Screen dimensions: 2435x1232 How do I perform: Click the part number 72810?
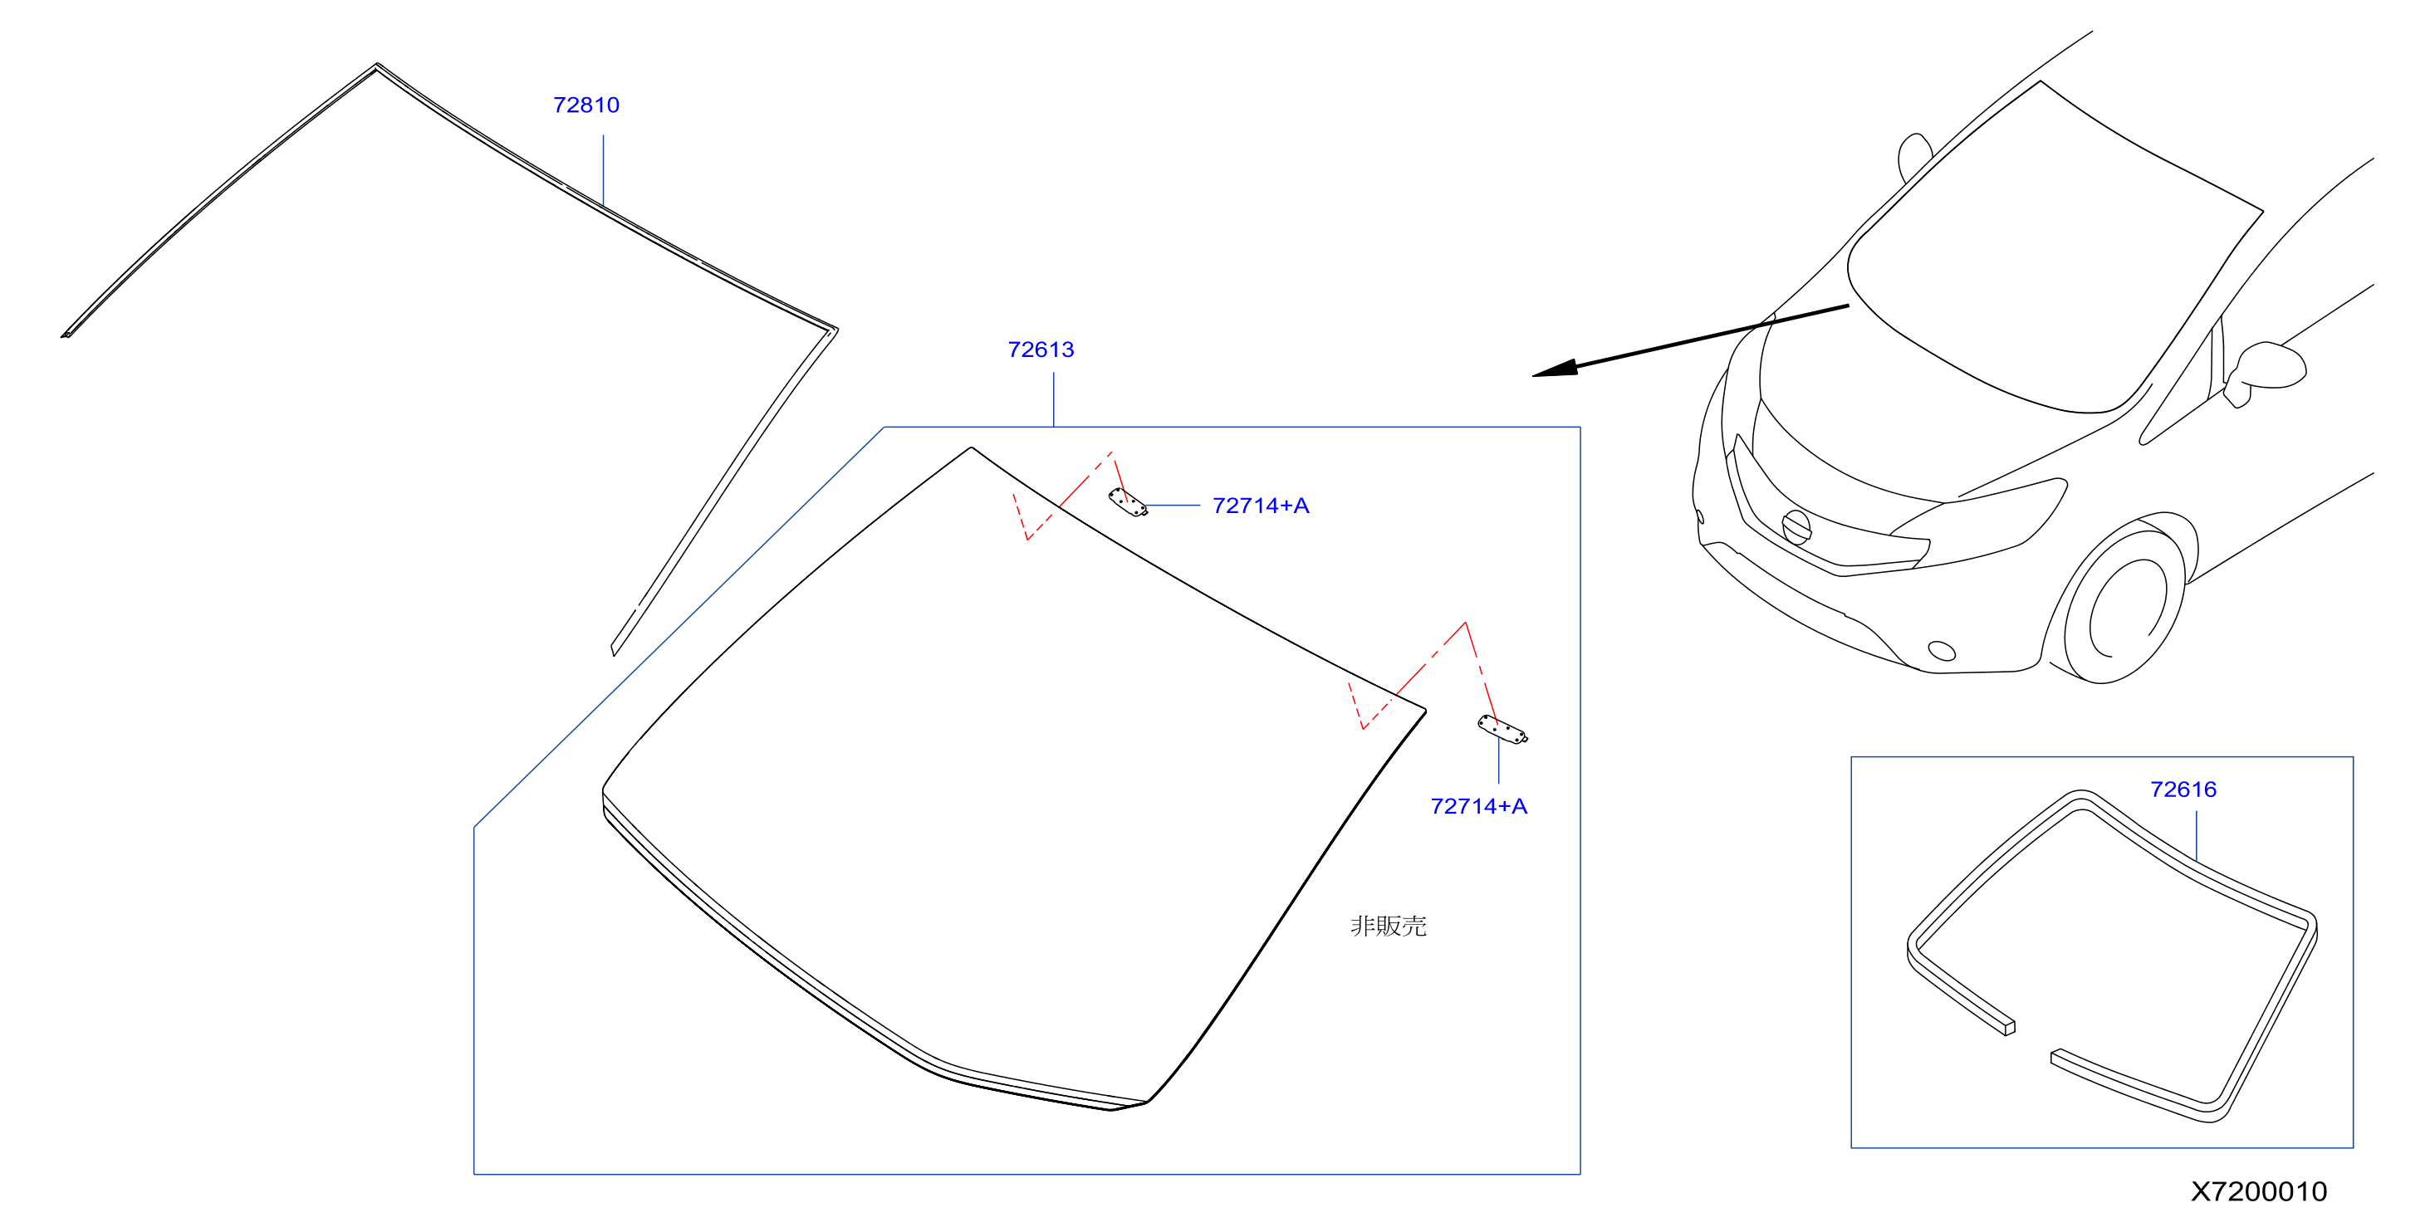[x=586, y=105]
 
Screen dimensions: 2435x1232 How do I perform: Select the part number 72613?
[x=1041, y=350]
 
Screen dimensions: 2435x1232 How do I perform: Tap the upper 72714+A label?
[x=1260, y=506]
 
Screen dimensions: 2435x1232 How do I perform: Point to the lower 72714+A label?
[x=1478, y=806]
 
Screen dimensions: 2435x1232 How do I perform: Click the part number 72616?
[x=2183, y=789]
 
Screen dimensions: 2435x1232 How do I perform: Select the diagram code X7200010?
[x=2259, y=1191]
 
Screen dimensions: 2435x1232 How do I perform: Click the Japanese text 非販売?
[x=1388, y=926]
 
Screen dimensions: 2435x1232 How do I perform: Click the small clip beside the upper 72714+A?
[x=1128, y=502]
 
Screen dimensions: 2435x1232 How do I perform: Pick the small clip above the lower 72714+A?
[x=1502, y=730]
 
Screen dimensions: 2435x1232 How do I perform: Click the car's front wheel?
[x=2123, y=604]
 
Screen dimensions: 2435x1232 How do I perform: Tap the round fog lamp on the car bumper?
[x=1942, y=650]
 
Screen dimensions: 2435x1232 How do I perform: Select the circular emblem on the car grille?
[x=1796, y=526]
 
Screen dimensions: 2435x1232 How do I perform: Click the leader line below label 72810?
[x=603, y=170]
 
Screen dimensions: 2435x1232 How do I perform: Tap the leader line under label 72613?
[x=1053, y=398]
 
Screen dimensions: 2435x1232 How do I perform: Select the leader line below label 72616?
[x=2196, y=835]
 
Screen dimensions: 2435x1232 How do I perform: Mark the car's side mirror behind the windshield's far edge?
[x=1914, y=157]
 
